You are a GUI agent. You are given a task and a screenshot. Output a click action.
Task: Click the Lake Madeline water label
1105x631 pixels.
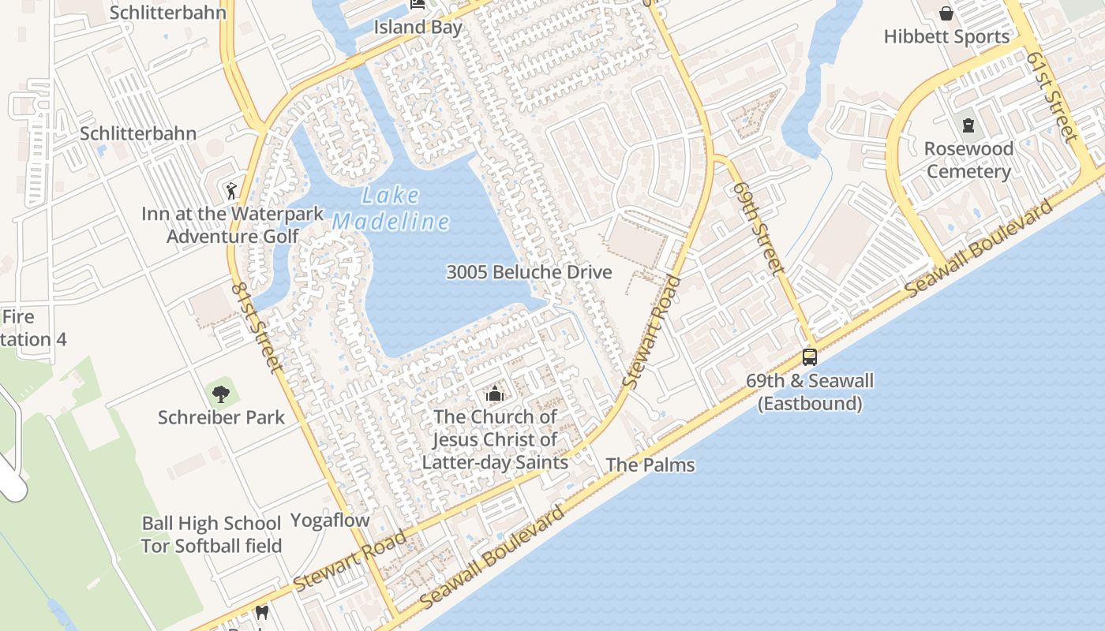pyautogui.click(x=391, y=209)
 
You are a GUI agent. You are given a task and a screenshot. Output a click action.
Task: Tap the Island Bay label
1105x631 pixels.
pyautogui.click(x=418, y=27)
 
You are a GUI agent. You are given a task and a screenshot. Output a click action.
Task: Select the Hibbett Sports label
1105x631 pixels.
pyautogui.click(x=946, y=36)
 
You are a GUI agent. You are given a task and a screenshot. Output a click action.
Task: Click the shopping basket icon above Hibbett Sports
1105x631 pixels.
pyautogui.click(x=946, y=13)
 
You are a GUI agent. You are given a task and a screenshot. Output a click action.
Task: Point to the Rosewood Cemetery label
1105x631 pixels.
pyautogui.click(x=968, y=160)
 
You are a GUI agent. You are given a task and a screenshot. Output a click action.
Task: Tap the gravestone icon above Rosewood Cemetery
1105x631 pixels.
pyautogui.click(x=968, y=125)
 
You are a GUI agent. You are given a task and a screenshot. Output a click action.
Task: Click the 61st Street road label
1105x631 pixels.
pyautogui.click(x=1051, y=97)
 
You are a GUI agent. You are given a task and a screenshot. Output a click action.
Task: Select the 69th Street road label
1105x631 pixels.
pyautogui.click(x=758, y=227)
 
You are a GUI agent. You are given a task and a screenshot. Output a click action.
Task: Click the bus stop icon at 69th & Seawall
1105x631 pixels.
pyautogui.click(x=810, y=357)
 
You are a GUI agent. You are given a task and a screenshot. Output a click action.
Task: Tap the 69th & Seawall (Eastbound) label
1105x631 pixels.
pyautogui.click(x=810, y=392)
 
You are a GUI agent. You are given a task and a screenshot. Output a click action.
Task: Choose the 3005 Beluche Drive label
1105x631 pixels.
pyautogui.click(x=529, y=272)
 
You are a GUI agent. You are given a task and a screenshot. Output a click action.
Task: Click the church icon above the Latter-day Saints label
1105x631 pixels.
pyautogui.click(x=495, y=393)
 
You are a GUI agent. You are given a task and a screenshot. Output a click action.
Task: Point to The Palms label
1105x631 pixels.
pyautogui.click(x=650, y=465)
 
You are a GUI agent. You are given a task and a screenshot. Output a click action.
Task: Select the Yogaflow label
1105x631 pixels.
pyautogui.click(x=330, y=520)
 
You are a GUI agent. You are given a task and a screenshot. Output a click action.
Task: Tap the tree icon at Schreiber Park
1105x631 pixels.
pyautogui.click(x=221, y=393)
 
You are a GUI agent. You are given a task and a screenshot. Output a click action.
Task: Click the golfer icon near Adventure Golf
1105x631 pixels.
pyautogui.click(x=230, y=190)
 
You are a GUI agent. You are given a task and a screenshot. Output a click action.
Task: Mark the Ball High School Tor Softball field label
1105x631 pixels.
pyautogui.click(x=212, y=534)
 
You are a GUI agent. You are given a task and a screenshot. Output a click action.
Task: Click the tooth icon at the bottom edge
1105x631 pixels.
pyautogui.click(x=262, y=612)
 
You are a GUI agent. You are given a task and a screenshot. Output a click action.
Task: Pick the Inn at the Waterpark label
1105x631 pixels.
pyautogui.click(x=233, y=214)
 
